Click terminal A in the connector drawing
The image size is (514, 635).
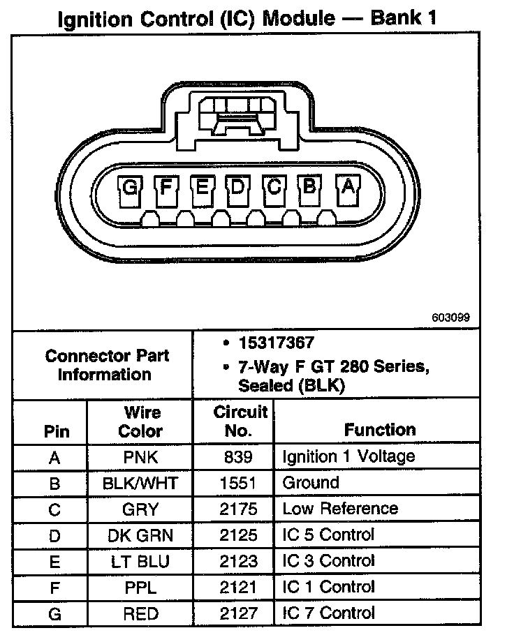tap(347, 187)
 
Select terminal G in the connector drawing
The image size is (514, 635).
tap(131, 187)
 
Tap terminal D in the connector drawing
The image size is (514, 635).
tap(238, 187)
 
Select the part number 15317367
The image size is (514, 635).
tap(276, 343)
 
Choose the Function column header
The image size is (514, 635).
tap(379, 430)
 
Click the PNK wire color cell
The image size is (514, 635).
tap(140, 458)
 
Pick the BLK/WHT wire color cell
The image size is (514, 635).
tap(140, 484)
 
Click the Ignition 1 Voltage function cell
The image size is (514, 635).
tap(348, 457)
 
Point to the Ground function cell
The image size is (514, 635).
tap(311, 483)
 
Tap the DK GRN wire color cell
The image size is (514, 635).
tap(140, 536)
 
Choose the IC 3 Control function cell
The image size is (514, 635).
tap(328, 561)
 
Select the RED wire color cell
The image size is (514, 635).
tap(140, 614)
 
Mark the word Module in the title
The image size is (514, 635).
tap(298, 17)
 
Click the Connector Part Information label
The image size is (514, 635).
tap(107, 365)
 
